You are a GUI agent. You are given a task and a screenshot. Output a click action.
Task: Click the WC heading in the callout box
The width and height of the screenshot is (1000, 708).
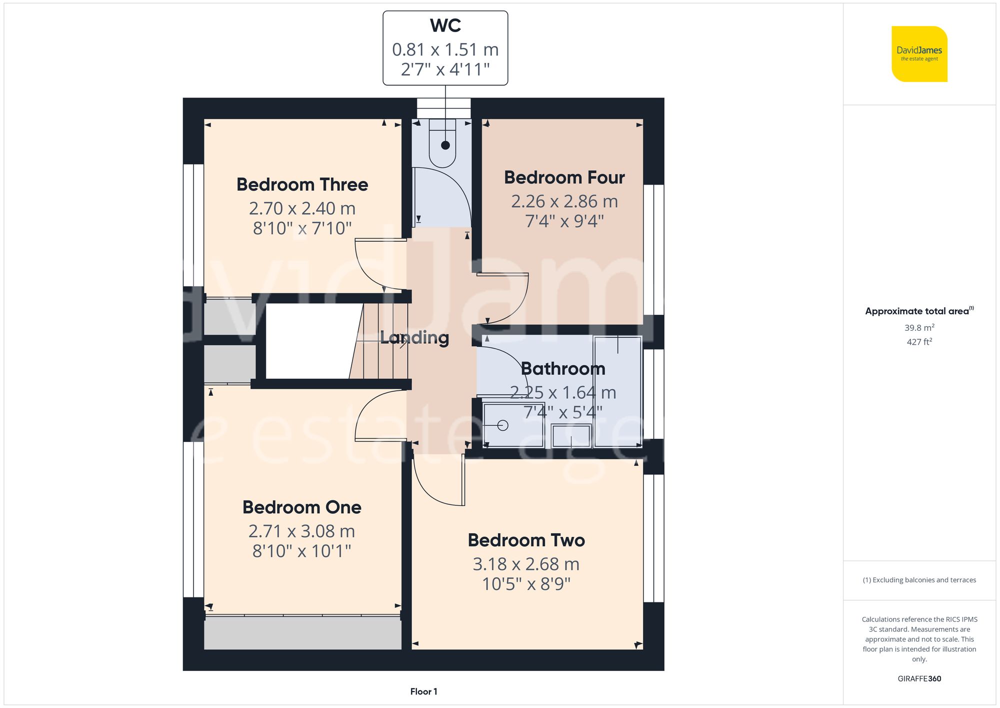[445, 26]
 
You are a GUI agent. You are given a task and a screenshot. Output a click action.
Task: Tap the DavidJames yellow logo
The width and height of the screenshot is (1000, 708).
[919, 54]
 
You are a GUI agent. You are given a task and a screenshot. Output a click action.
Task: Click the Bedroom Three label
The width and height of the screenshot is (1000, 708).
[302, 185]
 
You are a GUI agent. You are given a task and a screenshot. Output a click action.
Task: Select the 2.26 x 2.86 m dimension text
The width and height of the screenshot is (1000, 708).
[564, 202]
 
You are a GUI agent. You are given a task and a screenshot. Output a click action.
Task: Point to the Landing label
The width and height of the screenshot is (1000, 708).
[414, 338]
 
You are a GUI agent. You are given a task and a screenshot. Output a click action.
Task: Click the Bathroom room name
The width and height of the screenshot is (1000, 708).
[563, 369]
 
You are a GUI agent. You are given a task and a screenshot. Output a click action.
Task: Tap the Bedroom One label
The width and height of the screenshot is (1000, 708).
[301, 507]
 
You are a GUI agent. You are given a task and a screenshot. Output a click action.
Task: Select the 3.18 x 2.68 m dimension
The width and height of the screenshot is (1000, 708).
[526, 564]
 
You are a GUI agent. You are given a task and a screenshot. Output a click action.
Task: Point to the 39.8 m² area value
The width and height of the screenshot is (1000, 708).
[919, 328]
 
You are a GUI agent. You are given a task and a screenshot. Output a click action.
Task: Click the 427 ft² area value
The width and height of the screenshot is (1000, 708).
[919, 342]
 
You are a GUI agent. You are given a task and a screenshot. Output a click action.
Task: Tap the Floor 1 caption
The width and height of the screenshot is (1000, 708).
[423, 691]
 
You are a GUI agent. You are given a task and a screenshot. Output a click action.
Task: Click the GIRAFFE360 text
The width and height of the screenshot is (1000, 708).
[919, 679]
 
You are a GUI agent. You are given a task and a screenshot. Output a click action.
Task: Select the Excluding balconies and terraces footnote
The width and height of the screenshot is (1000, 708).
[919, 580]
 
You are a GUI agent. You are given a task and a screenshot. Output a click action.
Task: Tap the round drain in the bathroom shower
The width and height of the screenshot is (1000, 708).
[503, 425]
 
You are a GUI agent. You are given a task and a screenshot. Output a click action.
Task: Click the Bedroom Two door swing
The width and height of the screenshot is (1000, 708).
[435, 488]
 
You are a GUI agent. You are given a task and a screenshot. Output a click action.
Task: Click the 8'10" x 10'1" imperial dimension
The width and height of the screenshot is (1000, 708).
[301, 551]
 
